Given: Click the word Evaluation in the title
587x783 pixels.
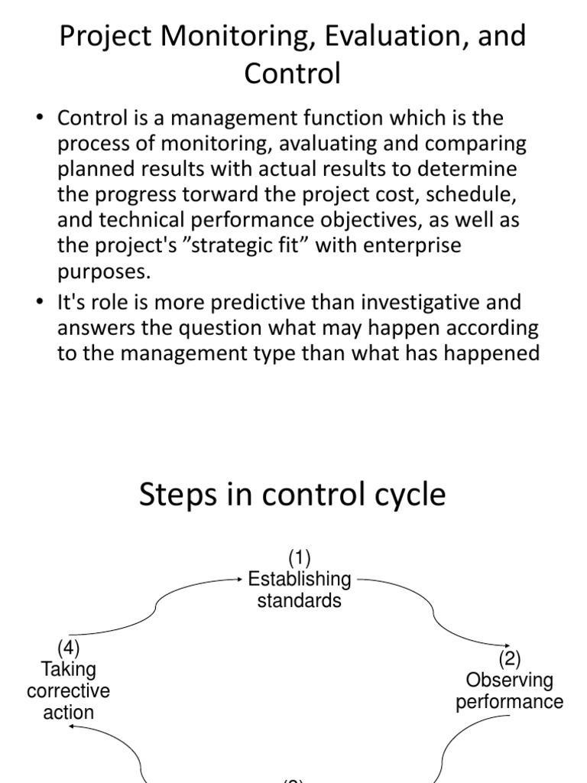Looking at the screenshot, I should [x=390, y=37].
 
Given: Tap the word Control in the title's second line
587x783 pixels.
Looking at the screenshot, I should [x=292, y=73].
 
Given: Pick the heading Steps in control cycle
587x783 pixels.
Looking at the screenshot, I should [x=292, y=495].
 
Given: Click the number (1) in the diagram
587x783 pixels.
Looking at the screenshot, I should [x=299, y=557].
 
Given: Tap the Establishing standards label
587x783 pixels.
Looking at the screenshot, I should [x=299, y=590].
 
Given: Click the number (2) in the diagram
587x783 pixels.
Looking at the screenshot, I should [x=510, y=658].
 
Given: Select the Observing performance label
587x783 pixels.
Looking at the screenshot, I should [x=510, y=690].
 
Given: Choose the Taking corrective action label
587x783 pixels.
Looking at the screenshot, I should [x=69, y=690].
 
